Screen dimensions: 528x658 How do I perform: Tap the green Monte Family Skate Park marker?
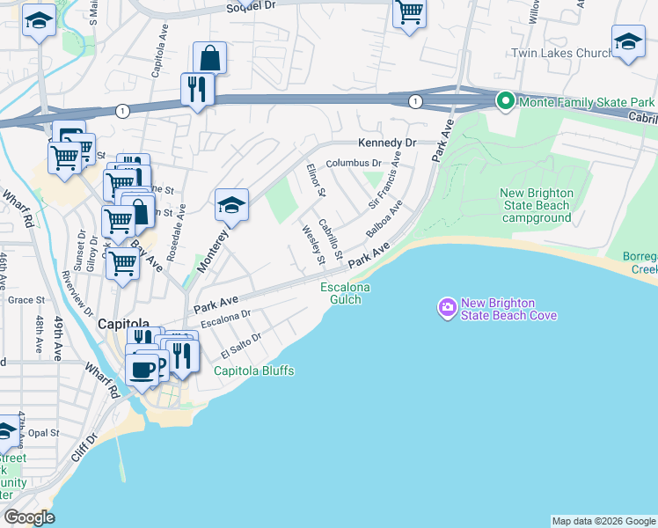click(x=505, y=102)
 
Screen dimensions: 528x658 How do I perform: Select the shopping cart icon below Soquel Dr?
click(x=409, y=12)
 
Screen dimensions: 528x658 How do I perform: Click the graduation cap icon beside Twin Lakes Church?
click(x=628, y=41)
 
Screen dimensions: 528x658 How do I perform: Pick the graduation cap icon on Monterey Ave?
click(x=231, y=206)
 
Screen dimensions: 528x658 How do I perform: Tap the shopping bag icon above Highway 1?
click(x=209, y=58)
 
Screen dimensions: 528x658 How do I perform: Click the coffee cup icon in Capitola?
click(x=142, y=368)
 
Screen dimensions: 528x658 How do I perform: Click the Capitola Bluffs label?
click(x=254, y=370)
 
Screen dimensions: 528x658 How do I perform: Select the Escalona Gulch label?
click(x=345, y=293)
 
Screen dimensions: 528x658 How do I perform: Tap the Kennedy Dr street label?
click(x=385, y=143)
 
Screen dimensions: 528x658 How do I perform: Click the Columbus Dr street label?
click(x=354, y=163)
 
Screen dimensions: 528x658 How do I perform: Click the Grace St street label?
click(x=20, y=300)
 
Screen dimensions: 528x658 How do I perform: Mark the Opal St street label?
click(x=42, y=433)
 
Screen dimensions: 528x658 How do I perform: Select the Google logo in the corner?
click(x=29, y=517)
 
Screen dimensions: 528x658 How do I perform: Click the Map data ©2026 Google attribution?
click(x=603, y=521)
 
